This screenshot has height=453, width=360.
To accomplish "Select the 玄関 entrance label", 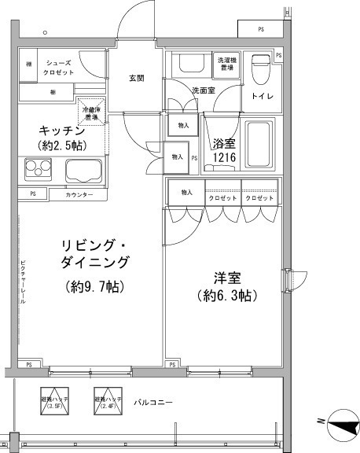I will pos(136,78).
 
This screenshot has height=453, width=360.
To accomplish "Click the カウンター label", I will pos(79,194).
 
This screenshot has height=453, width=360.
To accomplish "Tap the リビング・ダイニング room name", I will pos(94,253).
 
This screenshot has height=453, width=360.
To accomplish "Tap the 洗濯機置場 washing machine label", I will pos(227,62).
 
